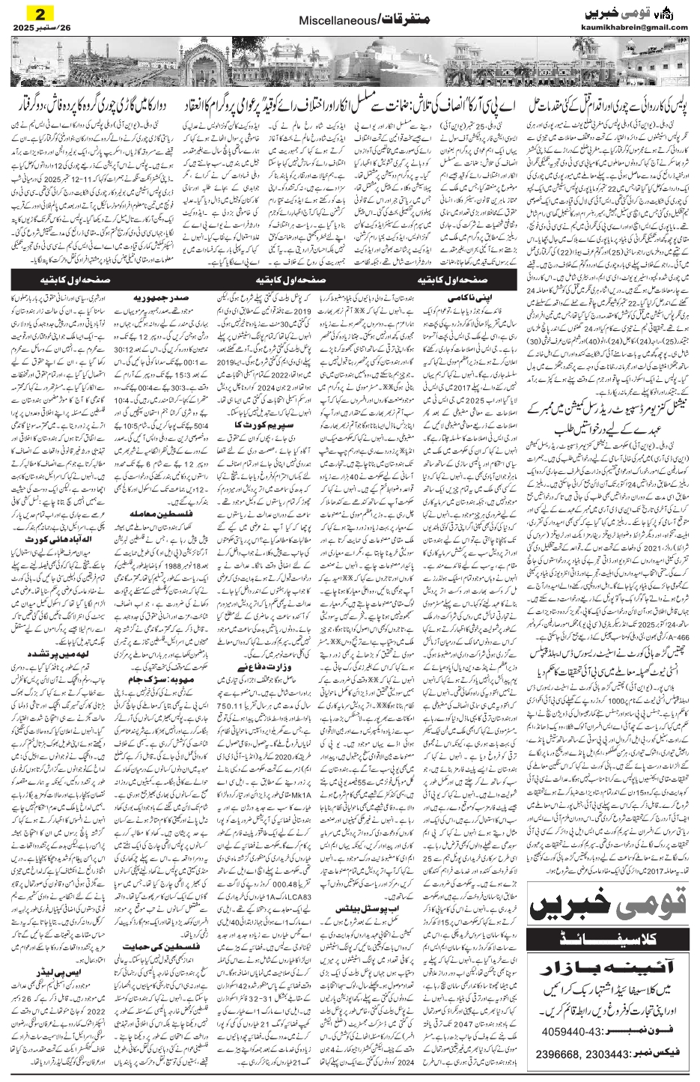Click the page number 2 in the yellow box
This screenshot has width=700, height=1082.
click(x=34, y=13)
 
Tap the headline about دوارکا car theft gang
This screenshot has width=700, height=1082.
click(x=94, y=106)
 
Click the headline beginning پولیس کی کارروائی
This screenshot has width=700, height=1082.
click(x=607, y=106)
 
